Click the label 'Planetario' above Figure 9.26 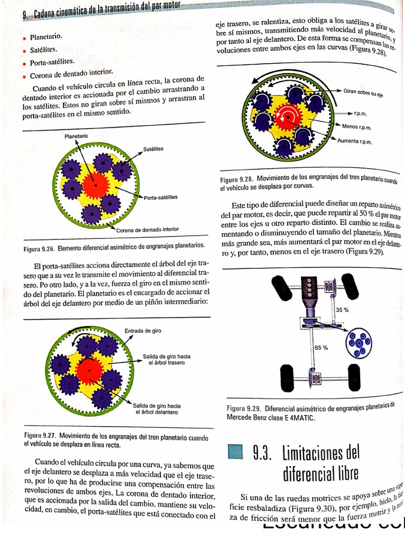click(76, 136)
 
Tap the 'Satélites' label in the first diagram click(153, 149)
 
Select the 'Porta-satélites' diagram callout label click(161, 197)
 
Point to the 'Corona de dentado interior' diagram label click(148, 229)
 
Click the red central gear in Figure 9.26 click(95, 184)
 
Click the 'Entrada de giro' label click(143, 331)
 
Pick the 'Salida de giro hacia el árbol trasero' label click(167, 360)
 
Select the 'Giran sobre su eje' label click(363, 92)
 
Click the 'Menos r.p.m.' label click(358, 127)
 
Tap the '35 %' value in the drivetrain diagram click(342, 310)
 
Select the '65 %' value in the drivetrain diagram click(321, 348)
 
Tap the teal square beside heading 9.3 click(235, 452)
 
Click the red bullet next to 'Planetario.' click(24, 38)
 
